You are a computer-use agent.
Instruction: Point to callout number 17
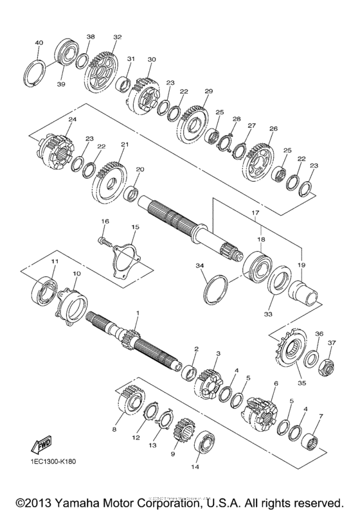click(255, 213)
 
